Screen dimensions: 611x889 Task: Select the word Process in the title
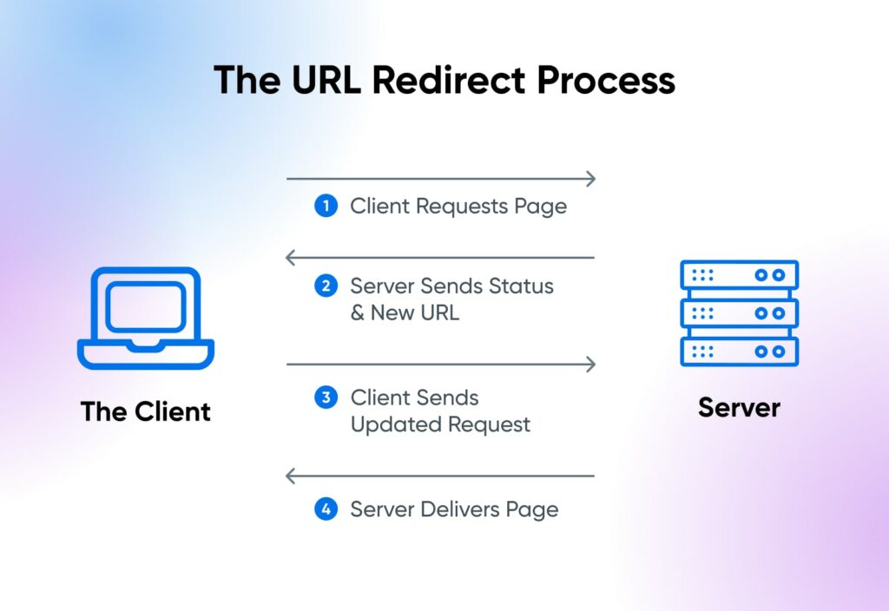[x=605, y=80]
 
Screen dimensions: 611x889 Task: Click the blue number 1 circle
[x=326, y=207]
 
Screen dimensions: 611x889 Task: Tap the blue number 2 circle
[x=326, y=286]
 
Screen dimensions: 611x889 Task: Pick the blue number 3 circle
[x=326, y=398]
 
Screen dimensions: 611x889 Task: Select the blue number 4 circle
[x=326, y=509]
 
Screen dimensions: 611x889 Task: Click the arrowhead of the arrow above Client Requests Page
[x=591, y=180]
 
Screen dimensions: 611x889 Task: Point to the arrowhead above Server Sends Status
[x=291, y=258]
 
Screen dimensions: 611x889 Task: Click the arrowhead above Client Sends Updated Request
[x=591, y=364]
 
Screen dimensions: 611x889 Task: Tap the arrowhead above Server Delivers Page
[x=291, y=476]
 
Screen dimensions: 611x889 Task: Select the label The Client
[x=146, y=411]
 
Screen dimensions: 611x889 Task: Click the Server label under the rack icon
[x=739, y=407]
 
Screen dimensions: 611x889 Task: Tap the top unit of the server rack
[x=739, y=275]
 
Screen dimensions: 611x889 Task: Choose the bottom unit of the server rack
[x=739, y=351]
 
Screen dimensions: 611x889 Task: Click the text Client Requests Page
[x=458, y=207]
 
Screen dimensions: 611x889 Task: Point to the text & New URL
[x=405, y=313]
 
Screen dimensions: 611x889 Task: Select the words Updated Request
[x=440, y=425]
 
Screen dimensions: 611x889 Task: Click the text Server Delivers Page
[x=454, y=509]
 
